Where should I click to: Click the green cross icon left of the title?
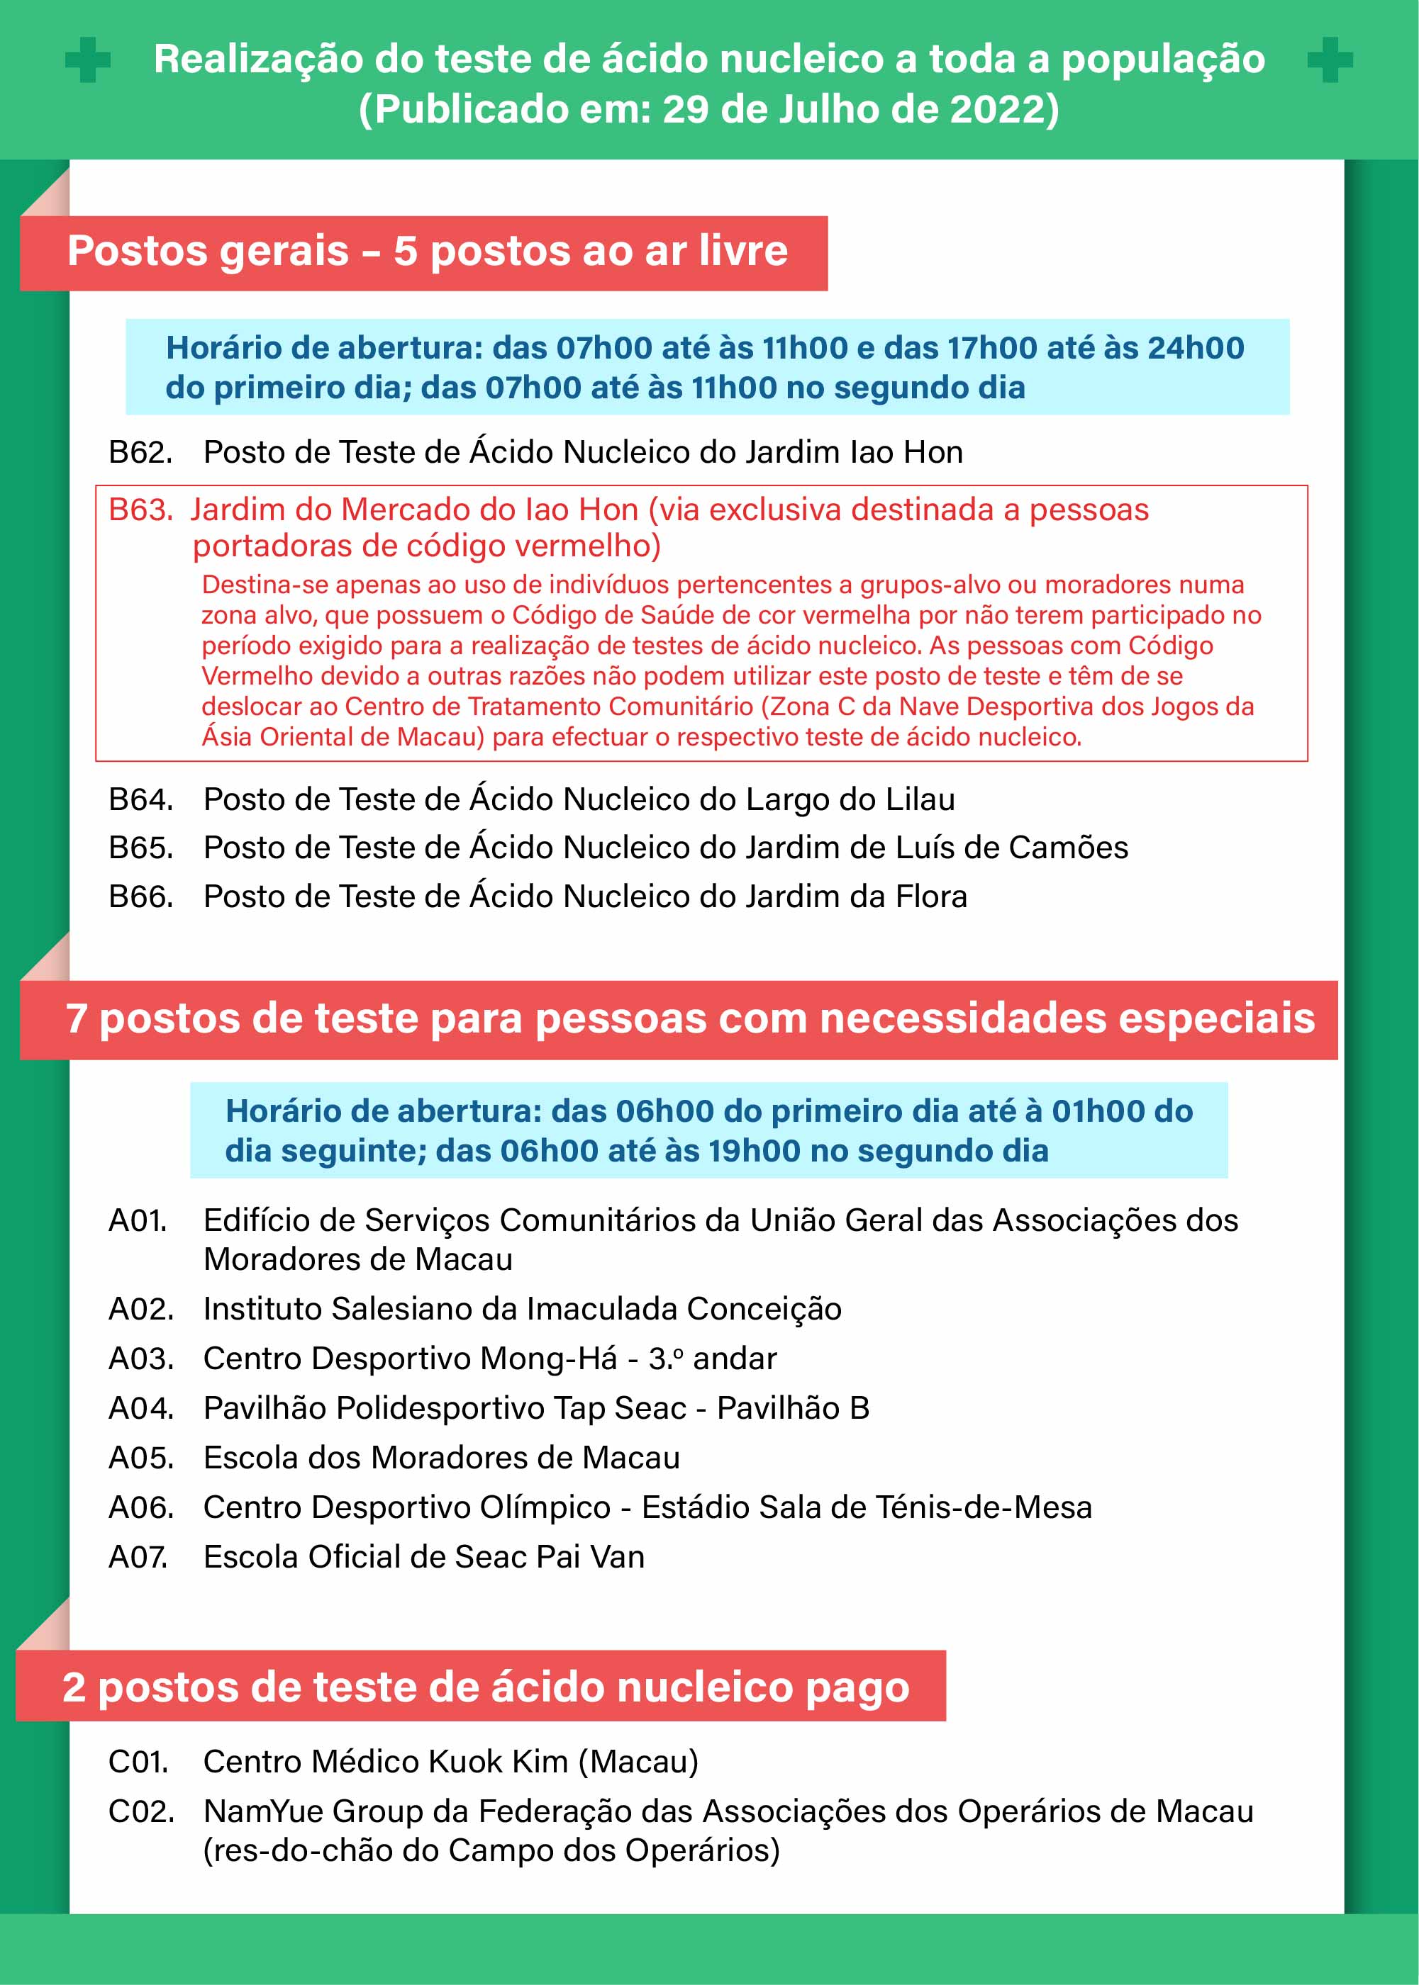[88, 60]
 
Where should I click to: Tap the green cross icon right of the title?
[1330, 60]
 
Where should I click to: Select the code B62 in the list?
[140, 452]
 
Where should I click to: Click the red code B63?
[140, 510]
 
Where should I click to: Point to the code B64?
[140, 800]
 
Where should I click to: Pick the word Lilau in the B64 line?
[920, 800]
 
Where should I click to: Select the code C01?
[138, 1762]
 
